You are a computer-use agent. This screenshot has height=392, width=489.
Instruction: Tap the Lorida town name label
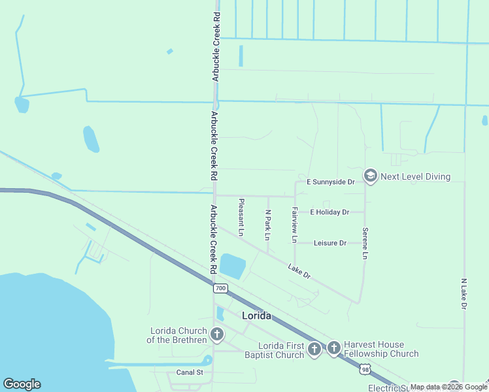(256, 316)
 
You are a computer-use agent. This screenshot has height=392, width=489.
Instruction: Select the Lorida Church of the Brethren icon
(216, 335)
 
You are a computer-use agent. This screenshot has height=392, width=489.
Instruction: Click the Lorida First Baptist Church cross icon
(314, 349)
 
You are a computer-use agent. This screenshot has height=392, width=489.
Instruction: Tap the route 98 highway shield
(363, 370)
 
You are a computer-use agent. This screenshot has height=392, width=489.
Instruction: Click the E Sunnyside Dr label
(330, 182)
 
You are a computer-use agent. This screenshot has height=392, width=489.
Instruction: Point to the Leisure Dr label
(330, 243)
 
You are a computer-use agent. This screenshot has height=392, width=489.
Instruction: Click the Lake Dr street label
(299, 272)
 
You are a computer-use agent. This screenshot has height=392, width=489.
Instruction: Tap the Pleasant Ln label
(241, 217)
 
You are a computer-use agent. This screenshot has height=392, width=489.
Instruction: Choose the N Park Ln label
(267, 224)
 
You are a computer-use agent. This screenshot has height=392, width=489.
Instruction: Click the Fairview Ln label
(295, 225)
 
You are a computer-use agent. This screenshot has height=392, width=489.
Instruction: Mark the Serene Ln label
(365, 243)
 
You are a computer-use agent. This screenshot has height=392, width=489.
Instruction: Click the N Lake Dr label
(464, 293)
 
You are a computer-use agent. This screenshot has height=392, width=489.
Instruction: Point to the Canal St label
(190, 372)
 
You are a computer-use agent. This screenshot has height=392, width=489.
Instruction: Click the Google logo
(22, 384)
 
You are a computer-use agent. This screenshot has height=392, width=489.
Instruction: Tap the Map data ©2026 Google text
(448, 387)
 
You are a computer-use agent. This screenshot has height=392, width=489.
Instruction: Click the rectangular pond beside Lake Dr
(232, 266)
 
